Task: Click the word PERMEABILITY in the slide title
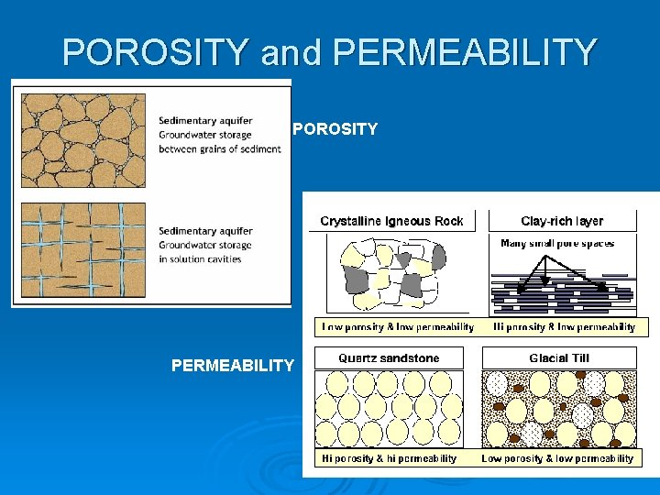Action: (x=465, y=52)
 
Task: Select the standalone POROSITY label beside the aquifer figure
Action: (x=335, y=129)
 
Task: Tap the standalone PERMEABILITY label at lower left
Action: (x=233, y=366)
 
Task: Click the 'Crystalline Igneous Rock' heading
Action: (x=391, y=221)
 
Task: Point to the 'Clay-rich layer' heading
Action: (x=562, y=221)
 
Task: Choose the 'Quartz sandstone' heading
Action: (x=389, y=358)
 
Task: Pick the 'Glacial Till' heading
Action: (x=559, y=358)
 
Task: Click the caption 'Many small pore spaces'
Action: (x=557, y=244)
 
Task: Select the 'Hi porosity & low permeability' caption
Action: (x=565, y=327)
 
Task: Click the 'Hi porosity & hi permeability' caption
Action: (x=389, y=458)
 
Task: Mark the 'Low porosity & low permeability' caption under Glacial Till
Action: (x=557, y=458)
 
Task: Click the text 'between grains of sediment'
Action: (x=219, y=149)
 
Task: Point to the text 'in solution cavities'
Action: (x=200, y=259)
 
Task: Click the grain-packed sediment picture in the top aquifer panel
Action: (x=83, y=140)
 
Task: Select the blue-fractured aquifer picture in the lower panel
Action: (x=83, y=248)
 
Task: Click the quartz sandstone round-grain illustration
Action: (x=389, y=408)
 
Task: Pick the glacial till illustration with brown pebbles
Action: (x=558, y=408)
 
